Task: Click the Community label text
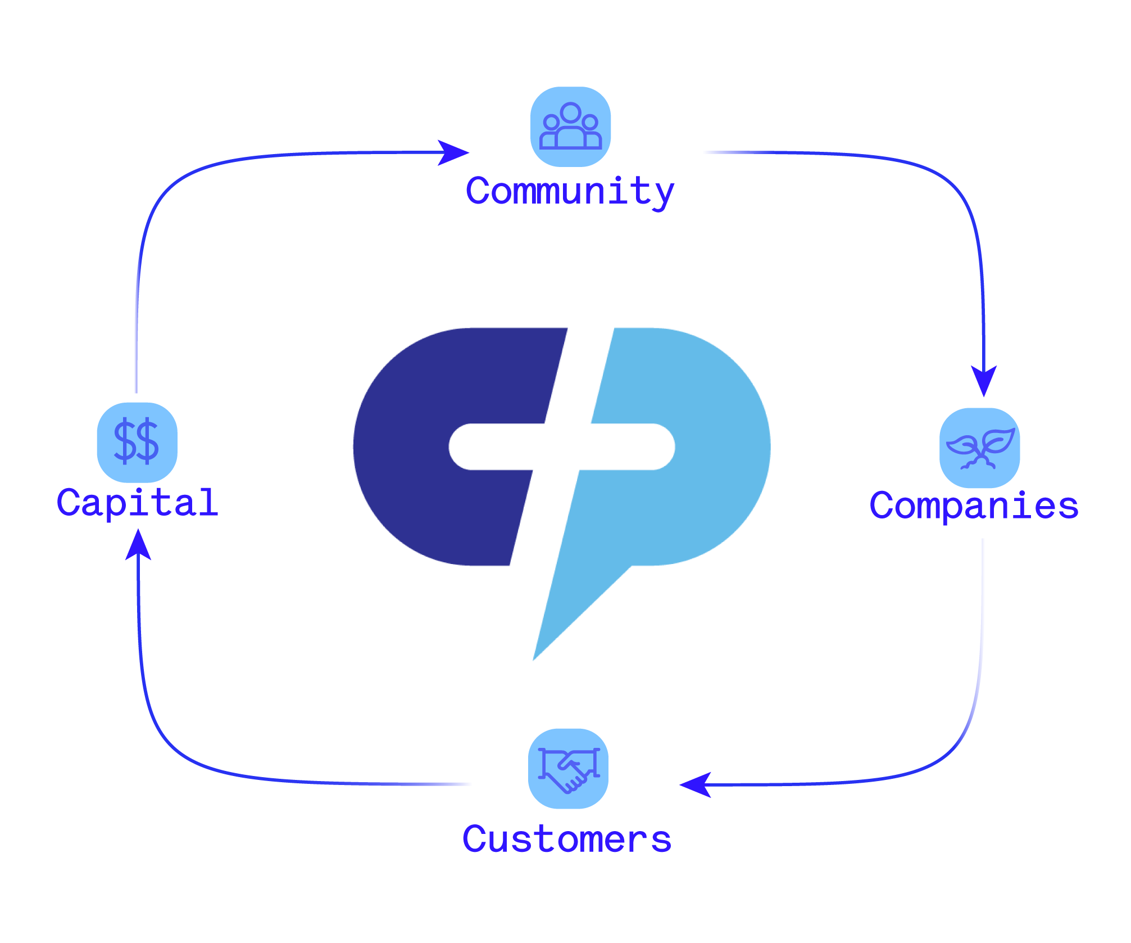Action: pos(570,191)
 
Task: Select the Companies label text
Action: pos(974,505)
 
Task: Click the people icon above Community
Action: pos(570,127)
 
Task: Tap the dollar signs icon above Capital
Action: pos(137,442)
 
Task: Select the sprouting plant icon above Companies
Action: pos(980,448)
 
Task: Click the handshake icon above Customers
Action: pos(568,768)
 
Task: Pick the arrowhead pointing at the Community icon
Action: pos(453,152)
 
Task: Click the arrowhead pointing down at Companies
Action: pos(984,379)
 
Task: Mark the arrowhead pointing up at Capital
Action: pos(138,544)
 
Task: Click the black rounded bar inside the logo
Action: pos(562,446)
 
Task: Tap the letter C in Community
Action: pos(479,191)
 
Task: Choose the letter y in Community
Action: pos(663,194)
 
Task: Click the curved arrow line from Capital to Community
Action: pos(169,191)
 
